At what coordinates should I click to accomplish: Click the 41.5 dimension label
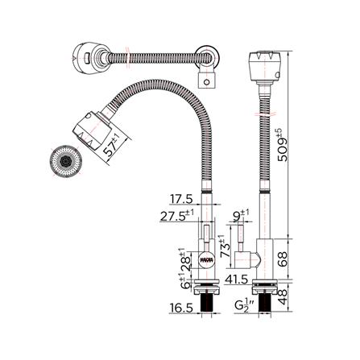coord(237,279)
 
